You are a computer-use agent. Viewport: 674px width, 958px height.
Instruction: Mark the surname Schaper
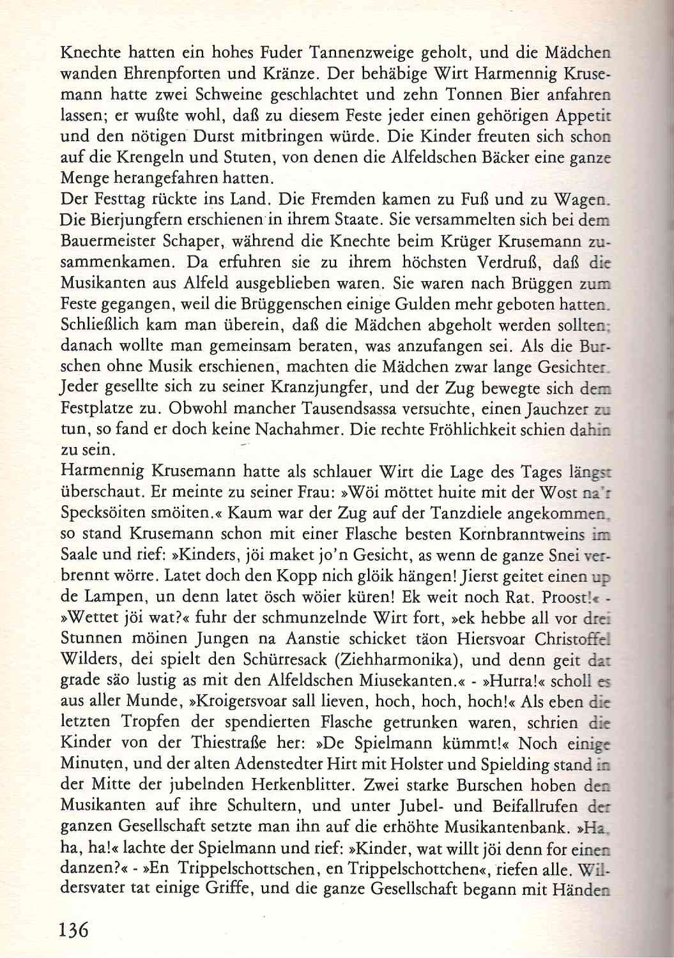pos(196,241)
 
